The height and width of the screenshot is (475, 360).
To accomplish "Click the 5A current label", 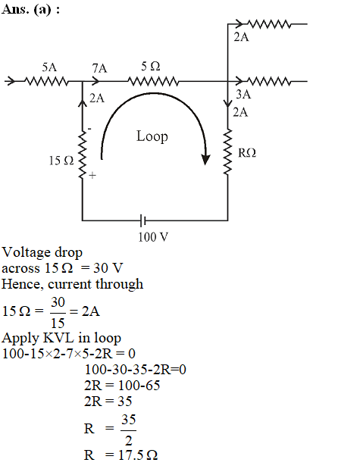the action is (x=49, y=67).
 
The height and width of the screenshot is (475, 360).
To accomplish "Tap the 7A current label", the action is (x=100, y=68).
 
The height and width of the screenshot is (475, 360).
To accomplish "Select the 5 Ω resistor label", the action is (x=150, y=66).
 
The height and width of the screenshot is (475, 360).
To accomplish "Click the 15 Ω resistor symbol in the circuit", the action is (x=82, y=155).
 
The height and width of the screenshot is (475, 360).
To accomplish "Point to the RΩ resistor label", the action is (x=247, y=153).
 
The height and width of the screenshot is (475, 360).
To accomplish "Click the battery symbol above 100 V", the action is (x=142, y=220).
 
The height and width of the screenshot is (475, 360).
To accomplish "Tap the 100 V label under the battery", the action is (x=153, y=237).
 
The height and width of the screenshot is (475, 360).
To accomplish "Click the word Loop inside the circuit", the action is (x=152, y=136).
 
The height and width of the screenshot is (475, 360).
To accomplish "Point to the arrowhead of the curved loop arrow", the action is (x=205, y=160).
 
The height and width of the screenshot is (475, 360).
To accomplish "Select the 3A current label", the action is (x=243, y=94).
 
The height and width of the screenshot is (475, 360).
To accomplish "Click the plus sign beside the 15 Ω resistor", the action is (x=92, y=175).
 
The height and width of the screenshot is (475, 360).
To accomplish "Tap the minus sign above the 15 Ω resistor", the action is (x=89, y=130).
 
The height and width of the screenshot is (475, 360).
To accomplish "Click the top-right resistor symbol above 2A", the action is (x=268, y=23).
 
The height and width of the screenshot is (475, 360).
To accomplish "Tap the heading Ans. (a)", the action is (x=30, y=9).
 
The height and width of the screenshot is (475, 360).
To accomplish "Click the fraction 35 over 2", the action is (x=129, y=430).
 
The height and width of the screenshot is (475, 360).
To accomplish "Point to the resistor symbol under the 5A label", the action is (x=46, y=81).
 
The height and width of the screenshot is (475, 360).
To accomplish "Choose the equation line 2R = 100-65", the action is (x=122, y=386).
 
